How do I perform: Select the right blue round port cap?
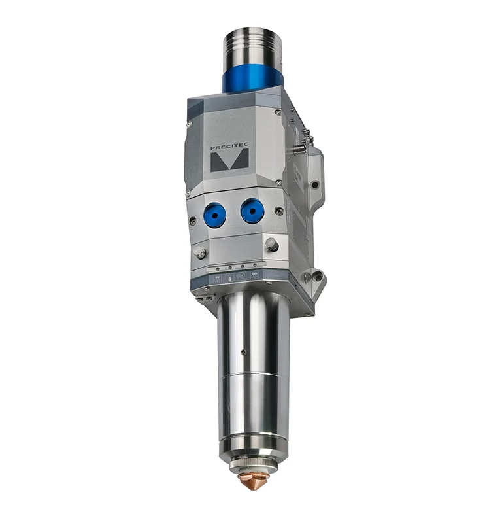point(252,211)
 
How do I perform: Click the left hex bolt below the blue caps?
point(200,252)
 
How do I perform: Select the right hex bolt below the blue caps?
point(272,245)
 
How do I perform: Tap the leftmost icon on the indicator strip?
point(214,279)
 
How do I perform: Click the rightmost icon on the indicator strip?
point(256,275)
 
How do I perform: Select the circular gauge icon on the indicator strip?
point(242,276)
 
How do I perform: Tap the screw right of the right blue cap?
point(279,211)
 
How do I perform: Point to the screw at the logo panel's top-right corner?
point(278,112)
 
